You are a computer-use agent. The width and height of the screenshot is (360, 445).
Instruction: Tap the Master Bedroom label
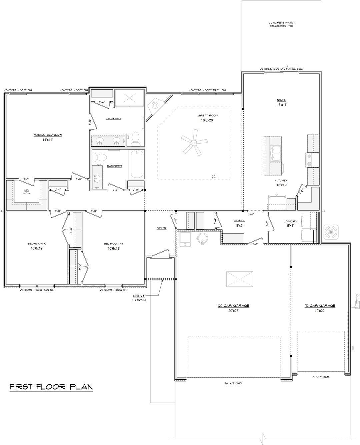point(48,135)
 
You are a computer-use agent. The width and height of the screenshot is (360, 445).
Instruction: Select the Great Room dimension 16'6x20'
point(208,120)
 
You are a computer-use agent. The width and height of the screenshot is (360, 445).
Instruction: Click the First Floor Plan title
point(51,387)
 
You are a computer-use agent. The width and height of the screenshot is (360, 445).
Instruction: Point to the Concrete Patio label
point(281,23)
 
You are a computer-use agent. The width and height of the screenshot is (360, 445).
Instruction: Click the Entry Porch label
point(139,298)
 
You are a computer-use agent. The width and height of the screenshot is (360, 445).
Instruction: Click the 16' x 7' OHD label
point(233,383)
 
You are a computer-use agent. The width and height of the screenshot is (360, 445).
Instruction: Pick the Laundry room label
point(290,221)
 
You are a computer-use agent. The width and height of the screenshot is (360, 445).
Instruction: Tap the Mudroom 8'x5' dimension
point(240,225)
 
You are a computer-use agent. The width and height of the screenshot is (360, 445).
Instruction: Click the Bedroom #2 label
point(37,244)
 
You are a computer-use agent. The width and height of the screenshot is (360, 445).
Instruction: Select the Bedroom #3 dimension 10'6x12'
point(113,248)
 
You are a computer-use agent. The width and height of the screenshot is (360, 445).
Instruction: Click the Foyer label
point(161,228)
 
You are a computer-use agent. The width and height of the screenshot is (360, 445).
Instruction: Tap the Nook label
point(281,100)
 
